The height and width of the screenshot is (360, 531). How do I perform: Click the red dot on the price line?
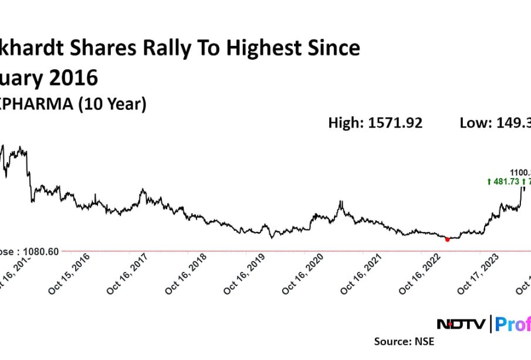pyautogui.click(x=448, y=239)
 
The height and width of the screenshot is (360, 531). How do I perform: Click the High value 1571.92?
pyautogui.click(x=395, y=123)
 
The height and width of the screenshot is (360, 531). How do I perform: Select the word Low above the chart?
pyautogui.click(x=472, y=123)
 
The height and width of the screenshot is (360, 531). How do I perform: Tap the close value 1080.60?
pyautogui.click(x=40, y=251)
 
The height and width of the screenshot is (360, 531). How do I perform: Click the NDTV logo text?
pyautogui.click(x=461, y=324)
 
